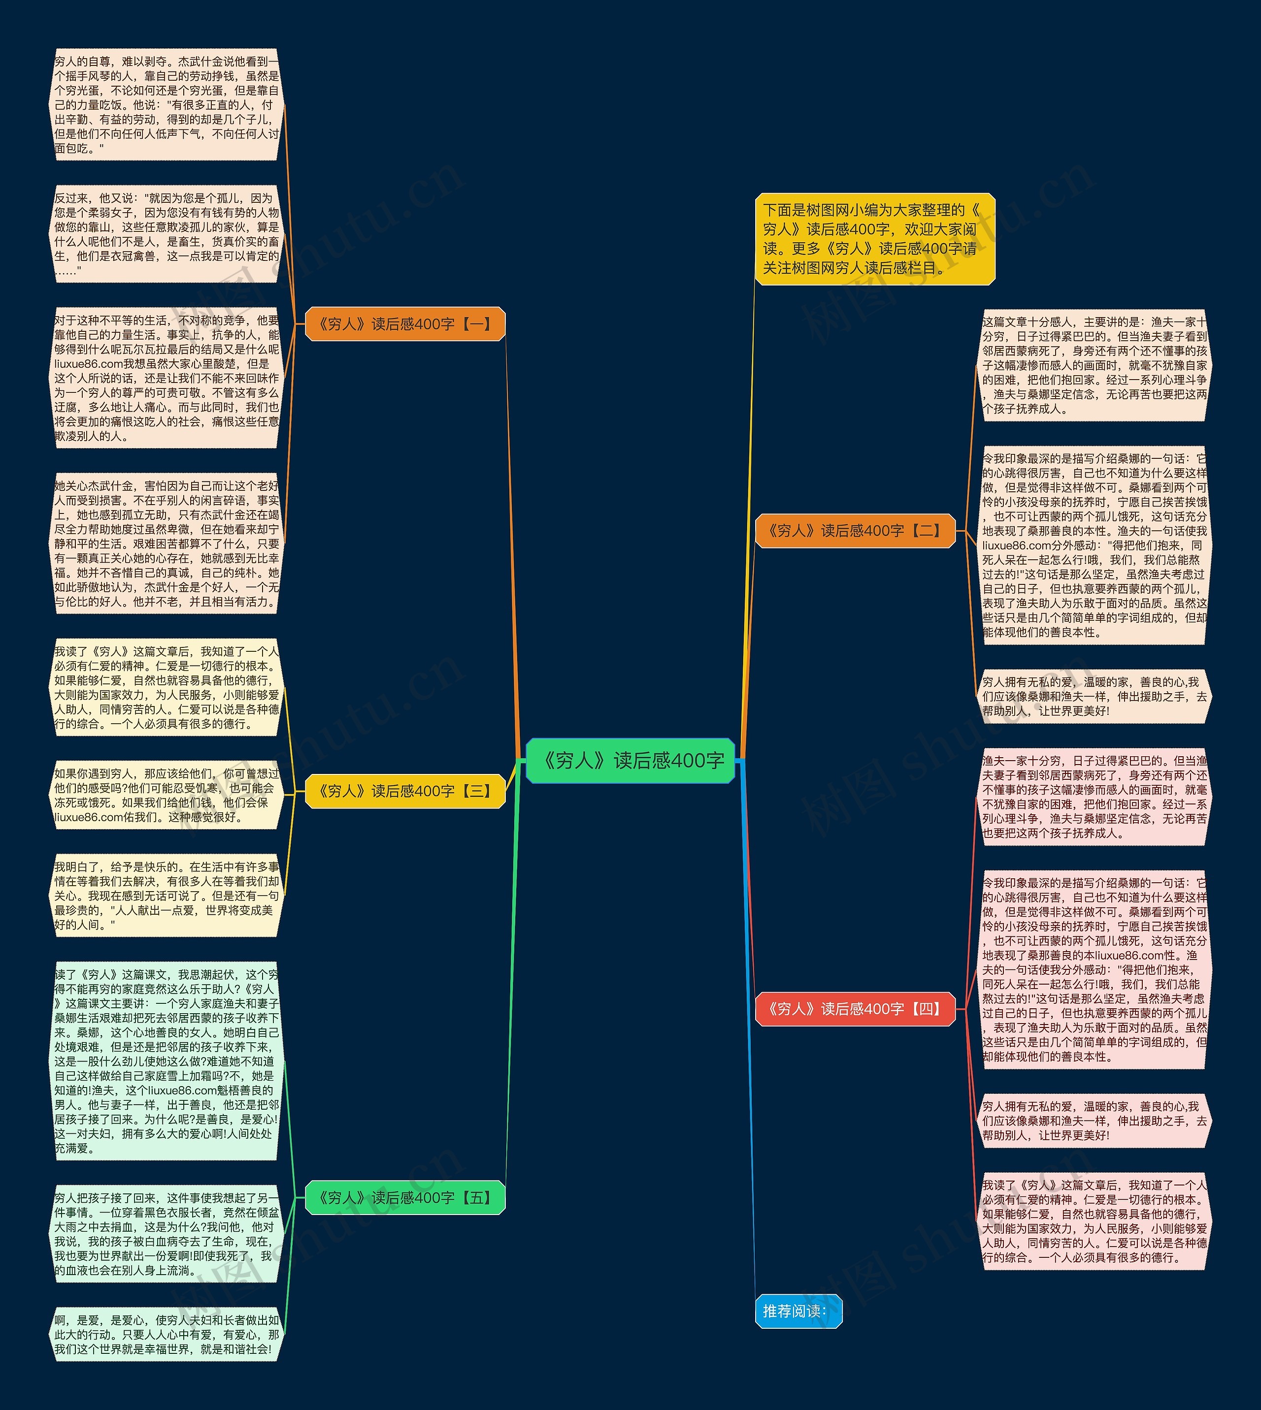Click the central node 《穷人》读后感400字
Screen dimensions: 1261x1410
tap(630, 761)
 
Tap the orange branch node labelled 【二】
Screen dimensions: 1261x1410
tap(855, 531)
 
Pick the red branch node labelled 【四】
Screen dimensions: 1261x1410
tap(855, 1008)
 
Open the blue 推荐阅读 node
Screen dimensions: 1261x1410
tap(798, 1311)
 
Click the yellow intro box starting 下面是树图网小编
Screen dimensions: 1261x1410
tap(874, 239)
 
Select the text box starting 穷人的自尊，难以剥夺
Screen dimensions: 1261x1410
tap(166, 104)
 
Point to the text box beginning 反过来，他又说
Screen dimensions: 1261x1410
tap(166, 234)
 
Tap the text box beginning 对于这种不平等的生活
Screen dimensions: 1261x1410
tap(166, 378)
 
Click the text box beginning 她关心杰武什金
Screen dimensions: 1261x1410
tap(166, 544)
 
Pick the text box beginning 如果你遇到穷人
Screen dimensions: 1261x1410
tap(166, 795)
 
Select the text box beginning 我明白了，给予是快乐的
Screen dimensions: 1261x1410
tap(166, 896)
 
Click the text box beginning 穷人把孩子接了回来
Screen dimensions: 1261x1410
tap(166, 1234)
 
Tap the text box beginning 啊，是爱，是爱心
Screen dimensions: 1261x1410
tap(166, 1335)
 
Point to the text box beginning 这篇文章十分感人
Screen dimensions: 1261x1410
tap(1094, 365)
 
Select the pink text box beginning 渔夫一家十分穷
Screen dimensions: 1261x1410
tap(1094, 797)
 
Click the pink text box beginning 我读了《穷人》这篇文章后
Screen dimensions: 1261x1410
tap(1094, 1221)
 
